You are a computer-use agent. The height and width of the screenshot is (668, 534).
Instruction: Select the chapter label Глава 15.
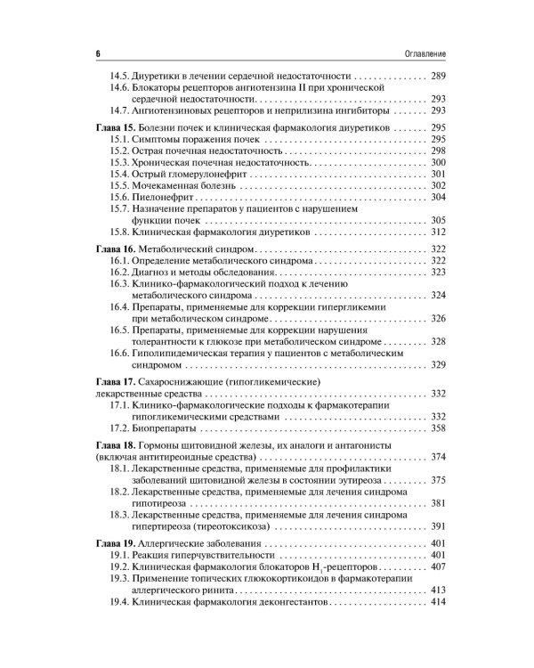pos(114,129)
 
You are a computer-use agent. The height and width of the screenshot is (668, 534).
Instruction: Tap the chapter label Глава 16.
pos(114,242)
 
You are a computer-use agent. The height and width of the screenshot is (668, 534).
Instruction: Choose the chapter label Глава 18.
pos(114,444)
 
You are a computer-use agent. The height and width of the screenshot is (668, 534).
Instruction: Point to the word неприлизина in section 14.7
pos(286,112)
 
